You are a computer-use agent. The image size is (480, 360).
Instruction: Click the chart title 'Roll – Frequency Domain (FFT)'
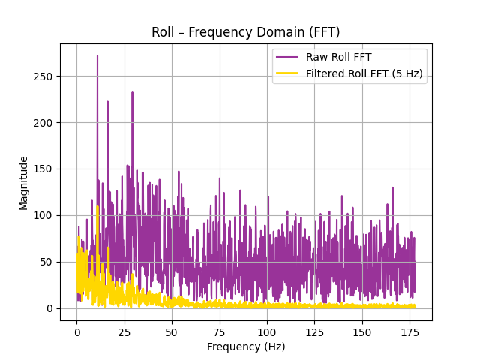[245, 32]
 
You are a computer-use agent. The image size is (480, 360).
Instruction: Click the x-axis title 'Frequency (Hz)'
[245, 346]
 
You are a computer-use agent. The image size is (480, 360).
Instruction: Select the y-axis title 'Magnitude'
[24, 182]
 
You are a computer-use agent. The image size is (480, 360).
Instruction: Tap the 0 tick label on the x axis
[76, 331]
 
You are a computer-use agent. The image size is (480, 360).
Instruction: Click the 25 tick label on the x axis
[124, 331]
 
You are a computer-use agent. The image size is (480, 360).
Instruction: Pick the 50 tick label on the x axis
[172, 331]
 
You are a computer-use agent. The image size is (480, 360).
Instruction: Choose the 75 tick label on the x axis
[219, 331]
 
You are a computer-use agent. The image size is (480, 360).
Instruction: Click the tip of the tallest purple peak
[97, 55]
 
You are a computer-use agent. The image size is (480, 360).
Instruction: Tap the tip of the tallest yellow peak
[97, 206]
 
